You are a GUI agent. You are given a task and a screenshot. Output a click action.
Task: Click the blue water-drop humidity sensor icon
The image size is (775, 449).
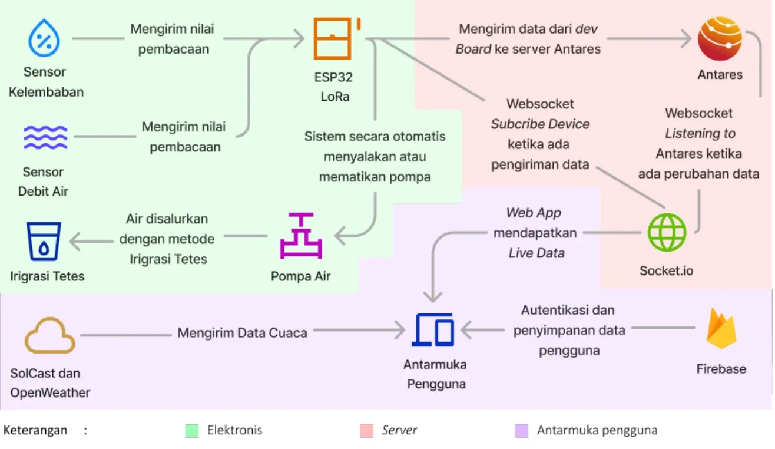click(44, 39)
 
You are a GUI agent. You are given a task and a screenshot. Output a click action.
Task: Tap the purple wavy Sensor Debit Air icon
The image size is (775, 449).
click(45, 137)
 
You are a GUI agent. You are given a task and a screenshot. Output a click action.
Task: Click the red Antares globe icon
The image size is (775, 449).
click(720, 39)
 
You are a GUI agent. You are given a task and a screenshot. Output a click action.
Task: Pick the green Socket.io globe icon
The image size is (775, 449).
click(667, 233)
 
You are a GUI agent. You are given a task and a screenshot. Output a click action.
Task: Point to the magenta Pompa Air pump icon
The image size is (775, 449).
click(300, 236)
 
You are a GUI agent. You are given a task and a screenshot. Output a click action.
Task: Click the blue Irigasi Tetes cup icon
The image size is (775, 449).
click(44, 242)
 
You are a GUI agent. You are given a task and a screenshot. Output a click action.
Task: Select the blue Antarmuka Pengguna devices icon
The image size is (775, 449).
click(434, 330)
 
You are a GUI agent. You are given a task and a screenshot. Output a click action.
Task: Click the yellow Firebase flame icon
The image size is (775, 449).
click(721, 329)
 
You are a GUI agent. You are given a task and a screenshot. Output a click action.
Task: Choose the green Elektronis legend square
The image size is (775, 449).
click(191, 431)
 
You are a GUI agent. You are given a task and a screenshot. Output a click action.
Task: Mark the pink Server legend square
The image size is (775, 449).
click(366, 431)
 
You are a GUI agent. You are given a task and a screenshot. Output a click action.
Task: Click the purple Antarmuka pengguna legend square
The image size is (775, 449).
click(521, 431)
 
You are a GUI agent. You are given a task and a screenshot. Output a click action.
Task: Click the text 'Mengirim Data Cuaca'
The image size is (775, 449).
click(242, 333)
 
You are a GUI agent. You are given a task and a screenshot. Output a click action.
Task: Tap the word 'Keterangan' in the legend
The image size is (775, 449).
click(35, 430)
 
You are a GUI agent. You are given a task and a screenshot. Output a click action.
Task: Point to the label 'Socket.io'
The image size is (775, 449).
click(666, 271)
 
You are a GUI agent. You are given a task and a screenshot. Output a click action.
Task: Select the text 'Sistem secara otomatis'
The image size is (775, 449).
click(375, 137)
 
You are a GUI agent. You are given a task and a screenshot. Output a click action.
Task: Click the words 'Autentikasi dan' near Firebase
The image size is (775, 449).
click(567, 310)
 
